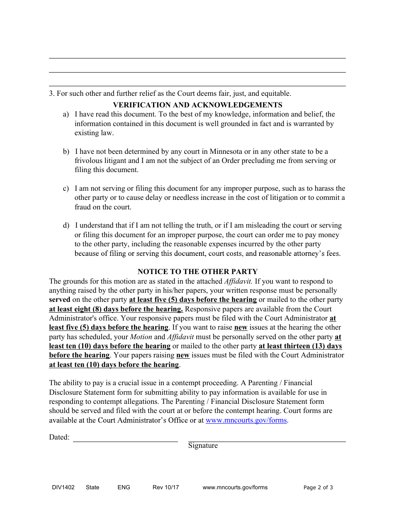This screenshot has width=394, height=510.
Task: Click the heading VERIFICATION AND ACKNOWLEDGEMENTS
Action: tap(197, 105)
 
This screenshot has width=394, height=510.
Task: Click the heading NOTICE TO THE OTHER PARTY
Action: tap(197, 272)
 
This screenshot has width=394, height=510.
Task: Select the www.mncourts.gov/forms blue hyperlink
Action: tap(246, 420)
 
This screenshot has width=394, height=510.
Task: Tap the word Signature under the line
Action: tap(203, 446)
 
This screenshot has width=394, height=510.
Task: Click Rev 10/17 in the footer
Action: tap(165, 487)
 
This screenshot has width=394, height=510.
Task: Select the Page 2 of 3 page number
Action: tap(318, 488)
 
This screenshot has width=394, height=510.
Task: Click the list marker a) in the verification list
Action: tap(66, 114)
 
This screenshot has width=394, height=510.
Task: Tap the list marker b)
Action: tap(66, 151)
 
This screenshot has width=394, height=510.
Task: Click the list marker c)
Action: tap(66, 189)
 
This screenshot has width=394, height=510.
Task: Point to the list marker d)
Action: tap(66, 226)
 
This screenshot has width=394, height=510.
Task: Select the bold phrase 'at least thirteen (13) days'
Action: tap(300, 346)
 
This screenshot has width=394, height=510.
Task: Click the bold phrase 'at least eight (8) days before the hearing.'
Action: tap(116, 309)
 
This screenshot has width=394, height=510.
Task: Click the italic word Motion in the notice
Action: tap(141, 337)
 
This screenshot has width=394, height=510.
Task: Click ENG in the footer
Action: tap(124, 487)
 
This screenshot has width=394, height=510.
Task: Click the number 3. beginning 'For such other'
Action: tap(52, 93)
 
